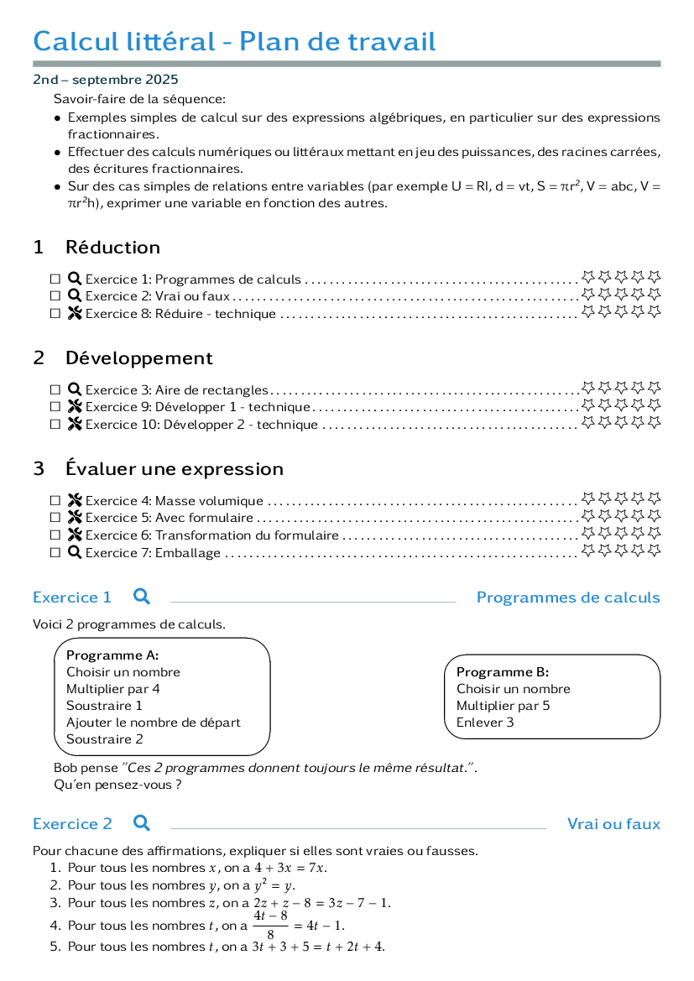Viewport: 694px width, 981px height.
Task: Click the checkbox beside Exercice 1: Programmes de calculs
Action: pyautogui.click(x=55, y=279)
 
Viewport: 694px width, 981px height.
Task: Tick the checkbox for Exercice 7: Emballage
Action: pyautogui.click(x=55, y=552)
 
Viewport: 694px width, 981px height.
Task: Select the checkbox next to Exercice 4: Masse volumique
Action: pyautogui.click(x=55, y=500)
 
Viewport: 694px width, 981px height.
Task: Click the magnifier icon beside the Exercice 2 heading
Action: pyautogui.click(x=142, y=822)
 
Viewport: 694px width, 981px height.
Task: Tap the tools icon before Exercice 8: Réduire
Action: pyautogui.click(x=75, y=314)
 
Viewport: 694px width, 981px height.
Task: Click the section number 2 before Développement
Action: pyautogui.click(x=39, y=357)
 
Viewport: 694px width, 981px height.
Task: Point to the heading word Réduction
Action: pyautogui.click(x=112, y=247)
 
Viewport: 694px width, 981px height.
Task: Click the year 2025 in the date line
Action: pyautogui.click(x=161, y=80)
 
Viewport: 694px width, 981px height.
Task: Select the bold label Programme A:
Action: pyautogui.click(x=112, y=655)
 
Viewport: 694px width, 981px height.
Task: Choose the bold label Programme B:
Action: pyautogui.click(x=503, y=672)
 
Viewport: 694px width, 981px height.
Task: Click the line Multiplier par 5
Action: pyautogui.click(x=504, y=706)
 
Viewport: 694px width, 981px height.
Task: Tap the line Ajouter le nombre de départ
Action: pyautogui.click(x=154, y=723)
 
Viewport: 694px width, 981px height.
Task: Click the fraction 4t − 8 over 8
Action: pyautogui.click(x=270, y=925)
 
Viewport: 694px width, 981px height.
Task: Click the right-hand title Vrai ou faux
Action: pyautogui.click(x=613, y=824)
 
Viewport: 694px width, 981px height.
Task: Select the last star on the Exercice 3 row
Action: pyautogui.click(x=654, y=388)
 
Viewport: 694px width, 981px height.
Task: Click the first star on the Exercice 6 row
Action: pyautogui.click(x=587, y=533)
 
